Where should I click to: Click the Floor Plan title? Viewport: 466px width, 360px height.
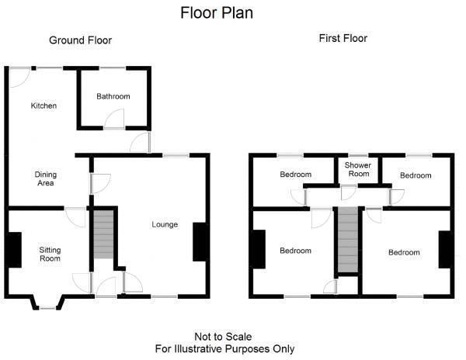[x=217, y=12]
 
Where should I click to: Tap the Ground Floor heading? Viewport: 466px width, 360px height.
[x=80, y=40]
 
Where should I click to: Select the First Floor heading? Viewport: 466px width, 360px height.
[x=343, y=37]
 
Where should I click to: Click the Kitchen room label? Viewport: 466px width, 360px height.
[x=43, y=106]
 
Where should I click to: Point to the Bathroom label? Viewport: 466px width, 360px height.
[x=113, y=96]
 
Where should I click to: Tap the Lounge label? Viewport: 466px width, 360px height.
[x=165, y=225]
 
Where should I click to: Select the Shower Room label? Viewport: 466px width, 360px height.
[x=357, y=170]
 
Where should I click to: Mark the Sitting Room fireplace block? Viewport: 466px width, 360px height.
[x=14, y=250]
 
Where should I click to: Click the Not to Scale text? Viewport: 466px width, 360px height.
[x=224, y=337]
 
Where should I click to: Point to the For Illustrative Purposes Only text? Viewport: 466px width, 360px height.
[x=224, y=349]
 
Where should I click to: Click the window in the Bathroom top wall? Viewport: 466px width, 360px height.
[x=114, y=68]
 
